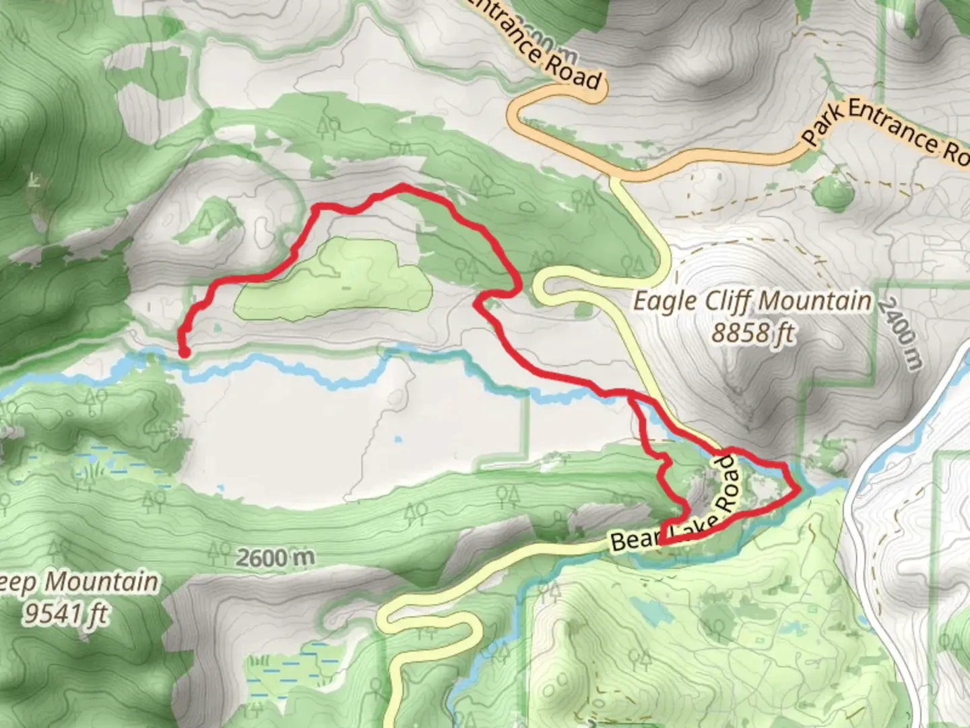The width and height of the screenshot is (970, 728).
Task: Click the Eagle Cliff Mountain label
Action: (752, 301)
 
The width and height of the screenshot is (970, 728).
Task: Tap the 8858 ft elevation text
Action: (753, 332)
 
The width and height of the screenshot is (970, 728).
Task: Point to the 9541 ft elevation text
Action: (65, 613)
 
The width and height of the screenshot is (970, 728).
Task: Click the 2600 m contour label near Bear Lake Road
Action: (276, 557)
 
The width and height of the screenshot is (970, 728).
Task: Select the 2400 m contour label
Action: (900, 334)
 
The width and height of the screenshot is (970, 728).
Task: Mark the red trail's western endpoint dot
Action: (183, 351)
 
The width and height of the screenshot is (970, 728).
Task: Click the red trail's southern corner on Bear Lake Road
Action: (661, 541)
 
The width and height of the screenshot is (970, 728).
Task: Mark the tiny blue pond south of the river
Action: (398, 439)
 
